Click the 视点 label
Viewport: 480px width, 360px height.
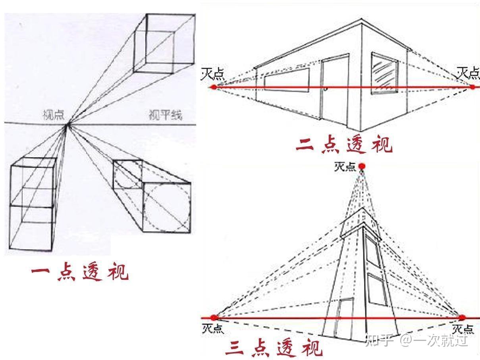(54, 115)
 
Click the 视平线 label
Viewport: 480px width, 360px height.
(165, 115)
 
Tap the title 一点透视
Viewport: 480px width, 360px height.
(80, 272)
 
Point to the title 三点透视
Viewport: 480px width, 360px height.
(274, 348)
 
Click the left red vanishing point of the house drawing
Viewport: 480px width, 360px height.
(214, 87)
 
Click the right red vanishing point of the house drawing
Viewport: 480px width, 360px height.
(473, 87)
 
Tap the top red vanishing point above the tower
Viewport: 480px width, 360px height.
(362, 166)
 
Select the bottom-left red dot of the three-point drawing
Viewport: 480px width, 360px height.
(214, 318)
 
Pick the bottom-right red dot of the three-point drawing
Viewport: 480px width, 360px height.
(462, 318)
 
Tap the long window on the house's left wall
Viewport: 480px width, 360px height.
(287, 80)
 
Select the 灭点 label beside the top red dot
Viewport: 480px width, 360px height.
(345, 167)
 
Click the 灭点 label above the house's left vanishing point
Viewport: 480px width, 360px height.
(212, 74)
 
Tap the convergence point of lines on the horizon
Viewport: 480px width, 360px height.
(68, 125)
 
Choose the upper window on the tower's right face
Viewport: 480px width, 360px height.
(373, 252)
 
